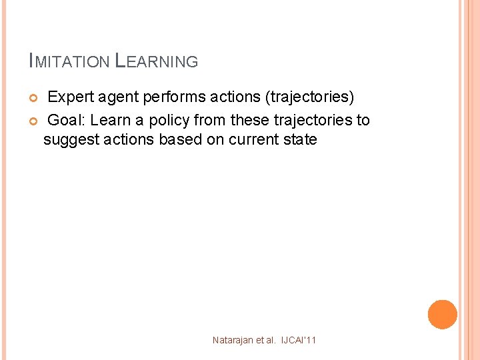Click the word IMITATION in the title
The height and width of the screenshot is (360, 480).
[69, 62]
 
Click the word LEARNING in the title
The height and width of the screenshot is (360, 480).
[157, 61]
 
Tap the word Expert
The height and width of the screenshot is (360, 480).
[72, 97]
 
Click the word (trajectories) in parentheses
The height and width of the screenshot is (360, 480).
[309, 97]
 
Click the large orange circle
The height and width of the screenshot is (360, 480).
[442, 315]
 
